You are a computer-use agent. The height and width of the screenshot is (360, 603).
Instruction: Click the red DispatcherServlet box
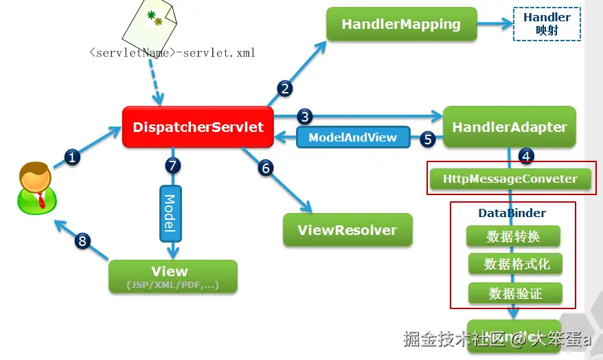(x=198, y=127)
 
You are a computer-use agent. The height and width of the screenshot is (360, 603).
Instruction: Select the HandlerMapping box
(x=401, y=25)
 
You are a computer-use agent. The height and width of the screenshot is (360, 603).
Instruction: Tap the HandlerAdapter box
(x=509, y=127)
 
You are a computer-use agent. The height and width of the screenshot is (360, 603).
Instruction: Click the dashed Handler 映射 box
(x=547, y=24)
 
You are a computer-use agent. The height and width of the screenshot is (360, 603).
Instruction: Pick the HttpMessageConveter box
(x=510, y=179)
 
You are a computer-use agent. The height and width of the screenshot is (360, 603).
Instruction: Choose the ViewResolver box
(x=348, y=230)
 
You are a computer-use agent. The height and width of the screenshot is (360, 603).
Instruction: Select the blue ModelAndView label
(x=352, y=137)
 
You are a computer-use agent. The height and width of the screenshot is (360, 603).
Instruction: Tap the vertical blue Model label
(x=170, y=213)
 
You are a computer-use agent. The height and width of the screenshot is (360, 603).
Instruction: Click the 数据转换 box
(x=513, y=236)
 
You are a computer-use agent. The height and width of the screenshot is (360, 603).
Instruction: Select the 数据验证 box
(x=515, y=293)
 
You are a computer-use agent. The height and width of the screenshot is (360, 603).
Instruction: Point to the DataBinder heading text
(x=512, y=214)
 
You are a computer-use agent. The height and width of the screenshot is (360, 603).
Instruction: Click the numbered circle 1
(x=73, y=157)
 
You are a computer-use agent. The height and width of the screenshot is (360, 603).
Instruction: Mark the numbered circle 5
(x=428, y=139)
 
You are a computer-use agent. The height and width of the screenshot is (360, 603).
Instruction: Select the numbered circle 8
(x=83, y=240)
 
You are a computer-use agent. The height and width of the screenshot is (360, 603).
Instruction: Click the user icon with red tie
(x=34, y=185)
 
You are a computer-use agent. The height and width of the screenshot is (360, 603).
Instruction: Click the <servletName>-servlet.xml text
(x=172, y=52)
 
